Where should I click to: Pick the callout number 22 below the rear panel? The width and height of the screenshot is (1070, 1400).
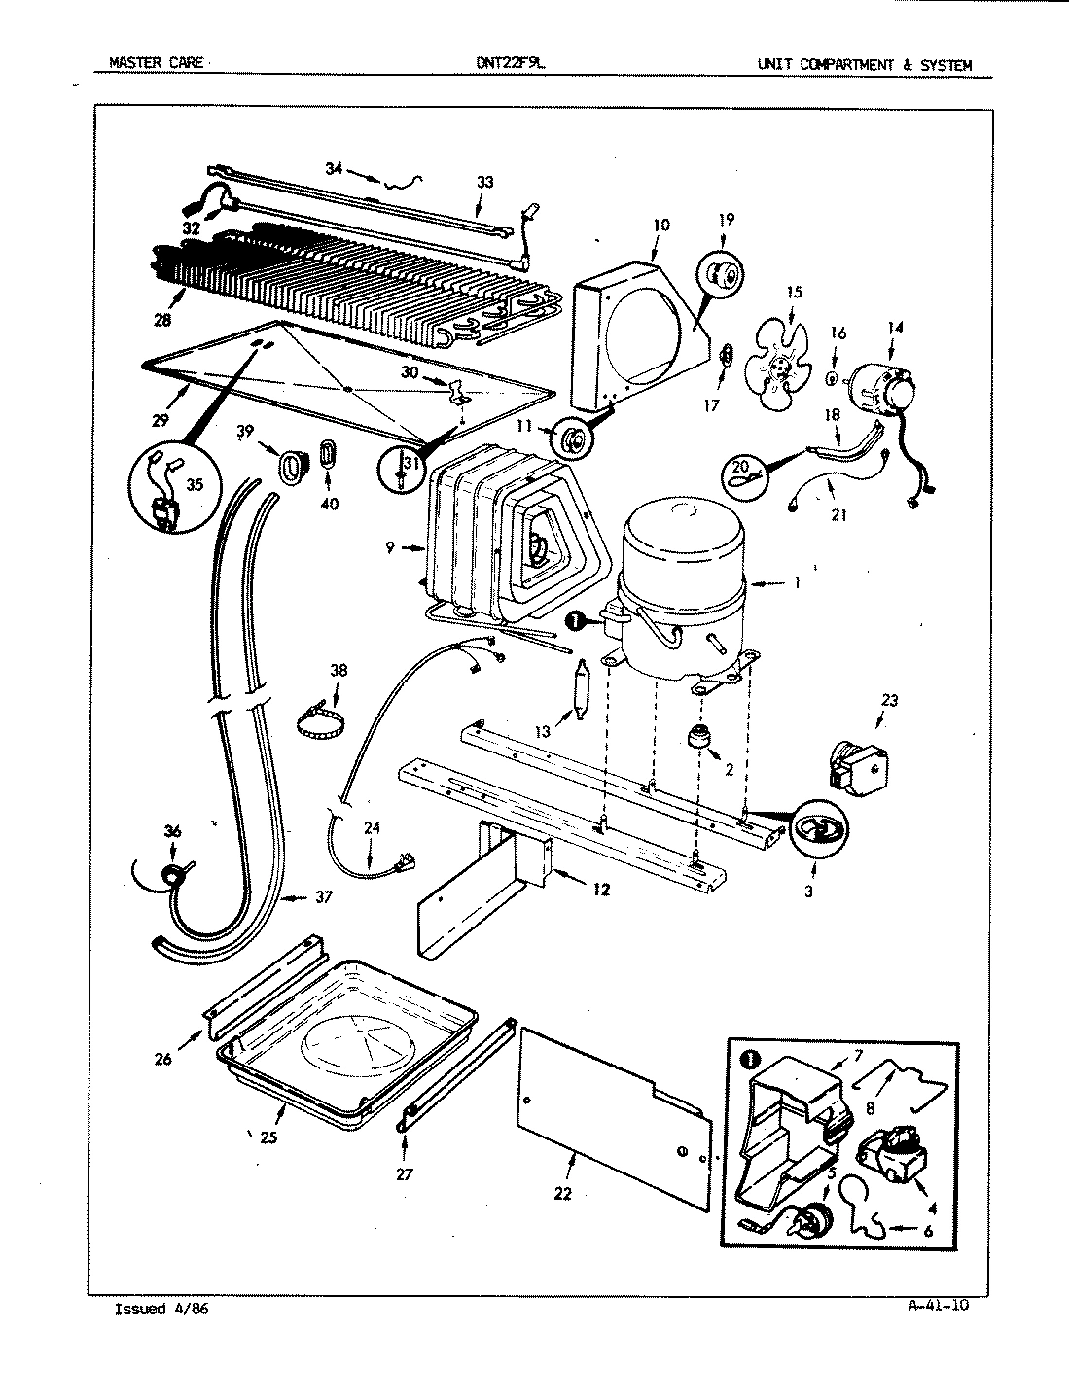[561, 1194]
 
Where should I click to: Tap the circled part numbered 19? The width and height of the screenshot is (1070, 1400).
[725, 275]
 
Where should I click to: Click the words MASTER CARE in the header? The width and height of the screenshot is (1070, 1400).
[156, 65]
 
